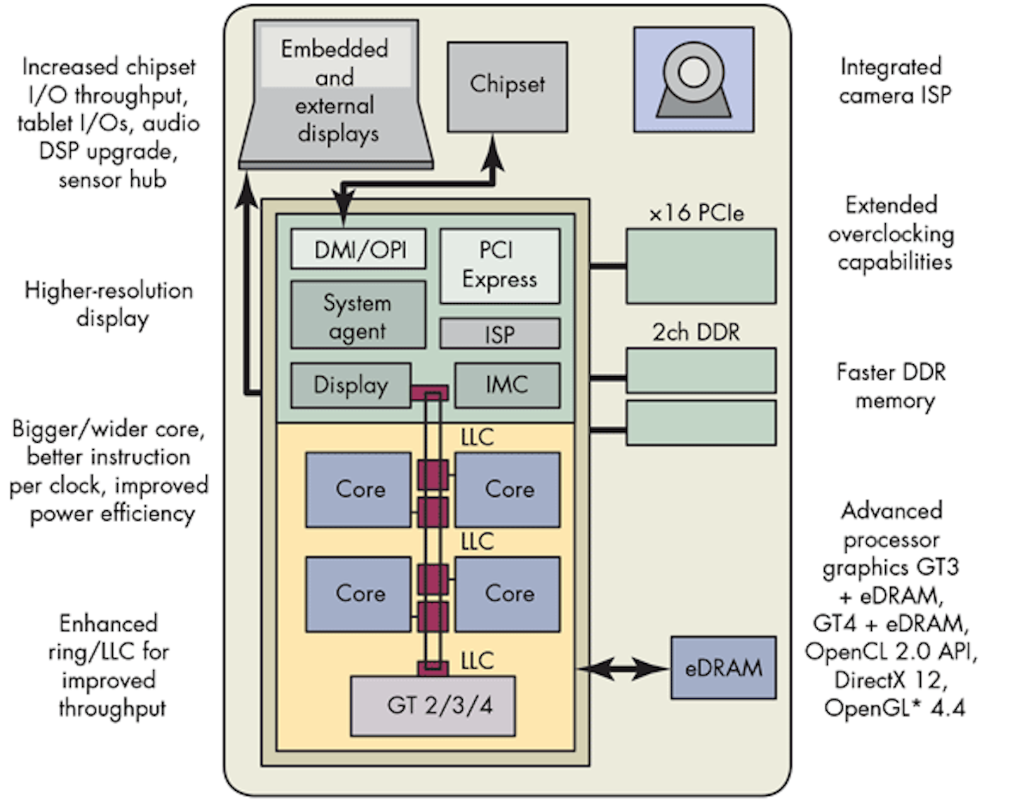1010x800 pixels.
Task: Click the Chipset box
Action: (x=507, y=86)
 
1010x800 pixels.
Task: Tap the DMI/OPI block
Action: (x=358, y=249)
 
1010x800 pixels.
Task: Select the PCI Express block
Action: (x=499, y=265)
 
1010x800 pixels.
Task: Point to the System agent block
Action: (x=358, y=315)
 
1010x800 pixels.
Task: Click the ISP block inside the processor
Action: (x=499, y=333)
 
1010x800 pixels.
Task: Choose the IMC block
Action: (x=507, y=385)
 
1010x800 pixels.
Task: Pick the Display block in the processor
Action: (x=351, y=385)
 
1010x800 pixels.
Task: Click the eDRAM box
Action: (x=723, y=667)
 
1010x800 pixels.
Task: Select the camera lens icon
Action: (x=693, y=71)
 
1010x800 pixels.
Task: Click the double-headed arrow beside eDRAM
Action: (x=623, y=669)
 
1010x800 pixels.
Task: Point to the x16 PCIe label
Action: (x=696, y=213)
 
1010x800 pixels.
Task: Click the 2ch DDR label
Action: (x=696, y=332)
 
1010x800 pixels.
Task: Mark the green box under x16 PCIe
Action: (x=701, y=266)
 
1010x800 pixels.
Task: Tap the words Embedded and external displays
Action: (x=335, y=91)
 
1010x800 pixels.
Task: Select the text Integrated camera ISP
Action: (x=894, y=81)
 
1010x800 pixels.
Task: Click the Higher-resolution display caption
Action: (x=109, y=304)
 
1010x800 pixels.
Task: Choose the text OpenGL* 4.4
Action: (x=894, y=707)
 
